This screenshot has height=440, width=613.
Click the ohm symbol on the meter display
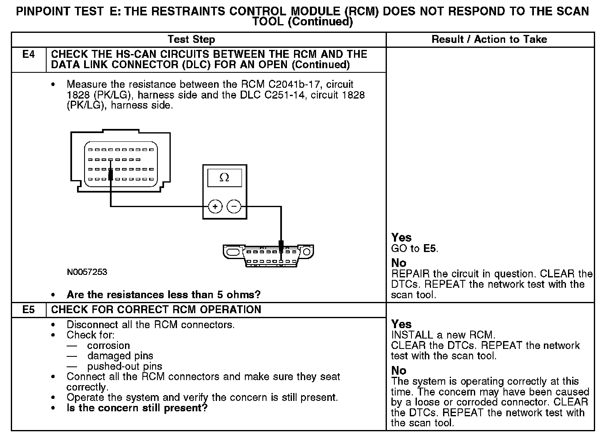(x=224, y=178)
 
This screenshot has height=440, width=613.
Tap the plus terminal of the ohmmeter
(x=215, y=206)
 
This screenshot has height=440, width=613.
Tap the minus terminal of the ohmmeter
(x=234, y=206)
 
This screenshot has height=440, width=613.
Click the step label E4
(x=28, y=54)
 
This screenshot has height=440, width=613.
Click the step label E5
(x=28, y=310)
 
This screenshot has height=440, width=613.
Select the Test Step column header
(x=191, y=40)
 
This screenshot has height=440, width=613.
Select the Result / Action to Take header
(x=489, y=40)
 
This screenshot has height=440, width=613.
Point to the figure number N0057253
(x=87, y=272)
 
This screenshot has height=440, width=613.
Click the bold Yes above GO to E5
(x=401, y=238)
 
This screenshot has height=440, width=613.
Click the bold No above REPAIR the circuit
(x=399, y=263)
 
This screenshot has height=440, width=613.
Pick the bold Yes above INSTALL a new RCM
(x=401, y=324)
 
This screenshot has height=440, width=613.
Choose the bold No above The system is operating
(x=399, y=371)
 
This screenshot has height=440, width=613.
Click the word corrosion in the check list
(x=108, y=346)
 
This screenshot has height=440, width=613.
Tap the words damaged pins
(x=120, y=356)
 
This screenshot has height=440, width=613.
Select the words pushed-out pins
(x=125, y=367)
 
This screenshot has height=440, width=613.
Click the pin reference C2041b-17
(x=292, y=84)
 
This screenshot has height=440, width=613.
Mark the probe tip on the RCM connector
(x=110, y=175)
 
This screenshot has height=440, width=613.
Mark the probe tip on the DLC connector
(x=281, y=246)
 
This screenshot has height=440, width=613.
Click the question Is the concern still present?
(x=137, y=408)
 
